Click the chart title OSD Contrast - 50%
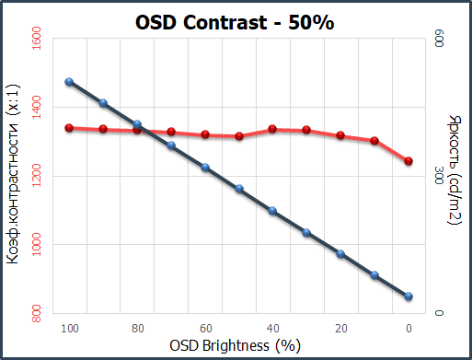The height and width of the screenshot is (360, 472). click(235, 22)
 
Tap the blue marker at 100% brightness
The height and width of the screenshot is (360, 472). click(69, 82)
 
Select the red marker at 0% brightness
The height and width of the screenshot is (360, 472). click(409, 161)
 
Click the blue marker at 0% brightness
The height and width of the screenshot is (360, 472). click(409, 296)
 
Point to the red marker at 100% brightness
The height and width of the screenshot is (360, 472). click(69, 128)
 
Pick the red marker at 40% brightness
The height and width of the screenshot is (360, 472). click(272, 129)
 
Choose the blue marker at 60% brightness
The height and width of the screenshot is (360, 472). click(205, 168)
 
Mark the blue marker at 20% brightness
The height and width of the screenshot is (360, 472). click(340, 254)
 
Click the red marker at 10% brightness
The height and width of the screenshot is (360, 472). click(374, 141)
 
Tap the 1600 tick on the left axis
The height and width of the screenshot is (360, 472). click(37, 39)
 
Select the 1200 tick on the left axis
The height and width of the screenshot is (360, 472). click(37, 176)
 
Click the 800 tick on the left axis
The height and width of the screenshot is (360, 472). click(37, 314)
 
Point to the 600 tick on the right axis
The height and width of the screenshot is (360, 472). click(440, 39)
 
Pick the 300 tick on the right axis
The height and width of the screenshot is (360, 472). click(440, 176)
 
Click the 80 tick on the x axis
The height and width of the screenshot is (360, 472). click(138, 329)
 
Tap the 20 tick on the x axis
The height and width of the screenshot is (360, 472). click(341, 329)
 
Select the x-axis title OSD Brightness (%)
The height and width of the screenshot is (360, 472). click(235, 346)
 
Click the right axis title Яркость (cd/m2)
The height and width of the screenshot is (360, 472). click(455, 169)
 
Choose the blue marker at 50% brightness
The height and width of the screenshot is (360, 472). click(239, 189)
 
